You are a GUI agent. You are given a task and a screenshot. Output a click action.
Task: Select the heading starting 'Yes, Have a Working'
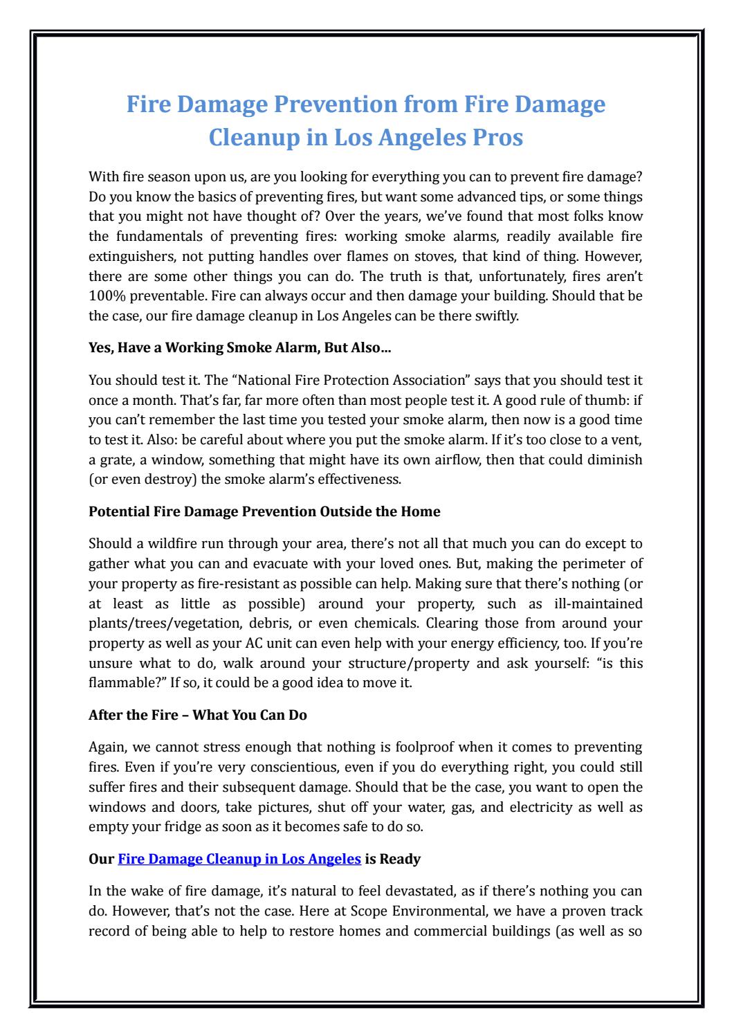tap(239, 348)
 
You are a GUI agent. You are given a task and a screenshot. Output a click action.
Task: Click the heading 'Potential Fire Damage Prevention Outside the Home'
tap(264, 512)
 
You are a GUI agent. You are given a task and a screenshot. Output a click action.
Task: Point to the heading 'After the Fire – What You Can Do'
tap(198, 716)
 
